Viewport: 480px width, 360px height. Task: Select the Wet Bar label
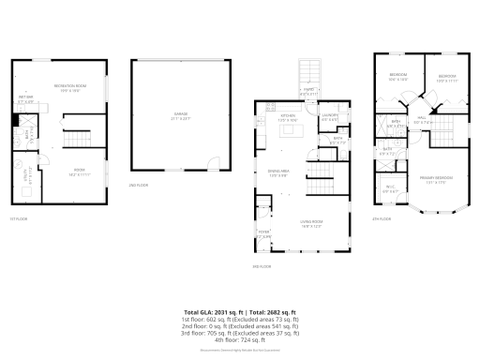[25, 99]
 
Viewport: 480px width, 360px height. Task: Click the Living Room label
[311, 225]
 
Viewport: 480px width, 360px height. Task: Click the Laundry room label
[330, 118]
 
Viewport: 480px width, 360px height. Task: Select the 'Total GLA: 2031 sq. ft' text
[213, 310]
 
